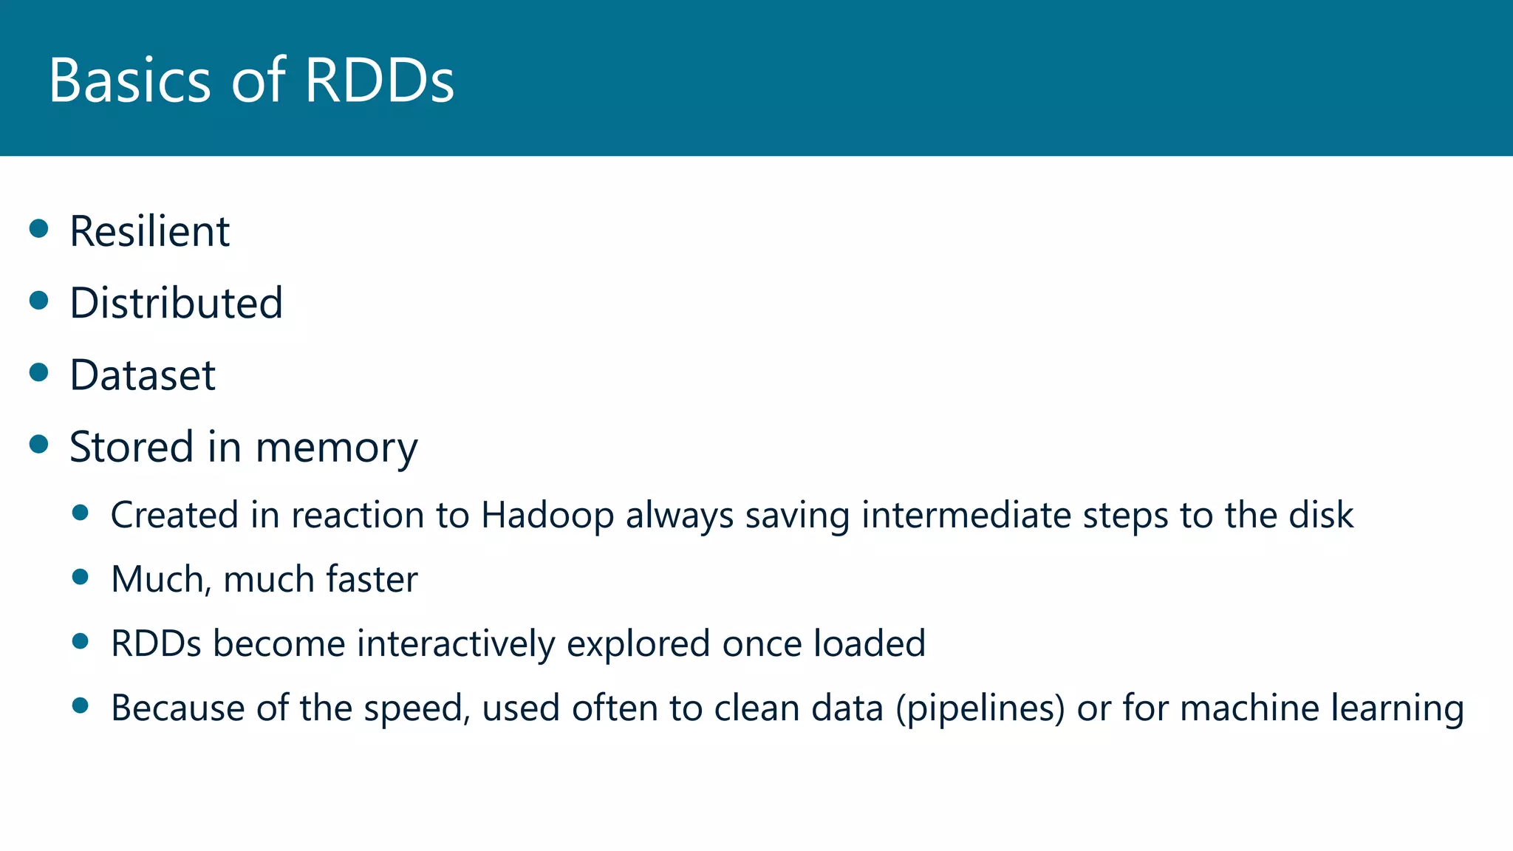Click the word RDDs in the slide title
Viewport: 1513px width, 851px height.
click(379, 80)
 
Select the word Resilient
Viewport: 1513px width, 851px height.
click(149, 231)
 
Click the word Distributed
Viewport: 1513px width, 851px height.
click(176, 303)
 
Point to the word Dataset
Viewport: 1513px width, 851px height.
click(143, 375)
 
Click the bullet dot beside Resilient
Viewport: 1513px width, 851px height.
click(39, 228)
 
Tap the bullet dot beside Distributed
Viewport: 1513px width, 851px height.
click(39, 300)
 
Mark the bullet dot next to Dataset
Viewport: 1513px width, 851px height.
click(39, 372)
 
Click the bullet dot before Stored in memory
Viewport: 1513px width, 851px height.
click(39, 444)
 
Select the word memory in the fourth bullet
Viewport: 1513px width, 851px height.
click(336, 448)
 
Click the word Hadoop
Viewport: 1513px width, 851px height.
click(547, 516)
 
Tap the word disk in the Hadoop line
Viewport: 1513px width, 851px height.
click(1321, 515)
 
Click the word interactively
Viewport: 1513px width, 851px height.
click(456, 643)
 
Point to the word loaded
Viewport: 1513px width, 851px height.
click(870, 643)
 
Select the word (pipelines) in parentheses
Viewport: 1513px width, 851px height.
click(980, 708)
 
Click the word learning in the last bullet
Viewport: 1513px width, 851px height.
click(1397, 708)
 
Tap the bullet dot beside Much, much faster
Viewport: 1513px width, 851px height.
click(81, 576)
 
